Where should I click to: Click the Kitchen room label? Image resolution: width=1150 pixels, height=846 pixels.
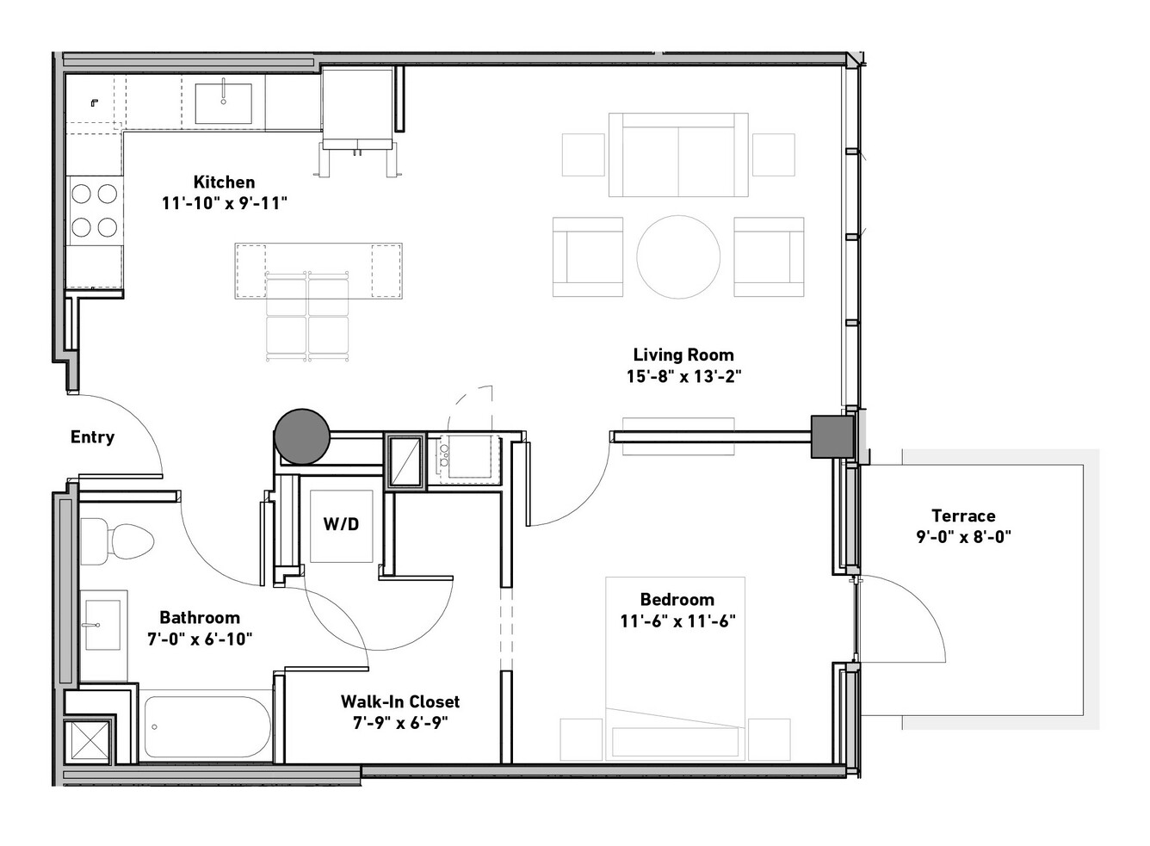click(224, 182)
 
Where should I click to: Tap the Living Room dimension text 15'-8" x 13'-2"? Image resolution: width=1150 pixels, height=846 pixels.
click(683, 377)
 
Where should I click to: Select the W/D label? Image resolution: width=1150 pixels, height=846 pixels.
click(341, 524)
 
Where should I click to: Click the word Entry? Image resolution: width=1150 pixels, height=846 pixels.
click(92, 437)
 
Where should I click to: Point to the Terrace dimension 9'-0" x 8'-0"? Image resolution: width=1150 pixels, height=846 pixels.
click(963, 537)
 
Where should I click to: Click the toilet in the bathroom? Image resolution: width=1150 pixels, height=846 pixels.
click(118, 541)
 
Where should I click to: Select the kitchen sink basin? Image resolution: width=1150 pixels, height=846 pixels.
click(223, 103)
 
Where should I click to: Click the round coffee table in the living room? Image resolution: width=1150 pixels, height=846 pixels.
click(678, 256)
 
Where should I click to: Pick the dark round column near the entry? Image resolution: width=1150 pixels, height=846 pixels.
click(302, 437)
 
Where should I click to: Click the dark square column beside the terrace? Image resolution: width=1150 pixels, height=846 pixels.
click(832, 436)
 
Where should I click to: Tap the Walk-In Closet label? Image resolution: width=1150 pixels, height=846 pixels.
click(400, 701)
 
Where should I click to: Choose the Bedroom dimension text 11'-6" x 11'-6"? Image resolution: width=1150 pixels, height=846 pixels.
click(677, 621)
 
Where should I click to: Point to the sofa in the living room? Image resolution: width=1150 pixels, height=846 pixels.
click(678, 155)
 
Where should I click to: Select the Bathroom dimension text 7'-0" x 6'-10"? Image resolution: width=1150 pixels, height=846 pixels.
click(200, 639)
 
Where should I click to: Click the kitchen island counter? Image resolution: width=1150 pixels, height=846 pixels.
click(318, 270)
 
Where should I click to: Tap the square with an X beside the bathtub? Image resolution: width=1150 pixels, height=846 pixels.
click(87, 740)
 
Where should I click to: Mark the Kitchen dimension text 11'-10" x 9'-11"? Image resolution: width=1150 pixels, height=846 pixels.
click(225, 203)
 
